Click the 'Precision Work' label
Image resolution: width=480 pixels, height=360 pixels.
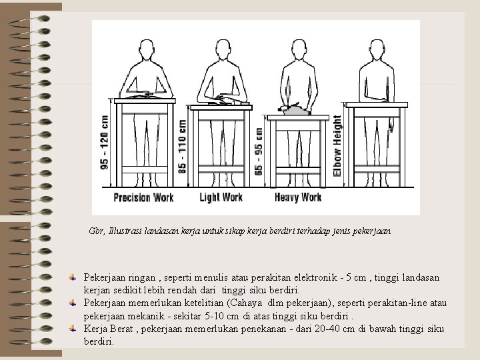coord(143,197)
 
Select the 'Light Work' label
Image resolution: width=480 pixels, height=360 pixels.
coord(221,197)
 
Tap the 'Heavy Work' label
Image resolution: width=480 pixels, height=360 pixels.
coord(298,197)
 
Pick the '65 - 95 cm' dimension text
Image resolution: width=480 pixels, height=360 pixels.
coord(259,152)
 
